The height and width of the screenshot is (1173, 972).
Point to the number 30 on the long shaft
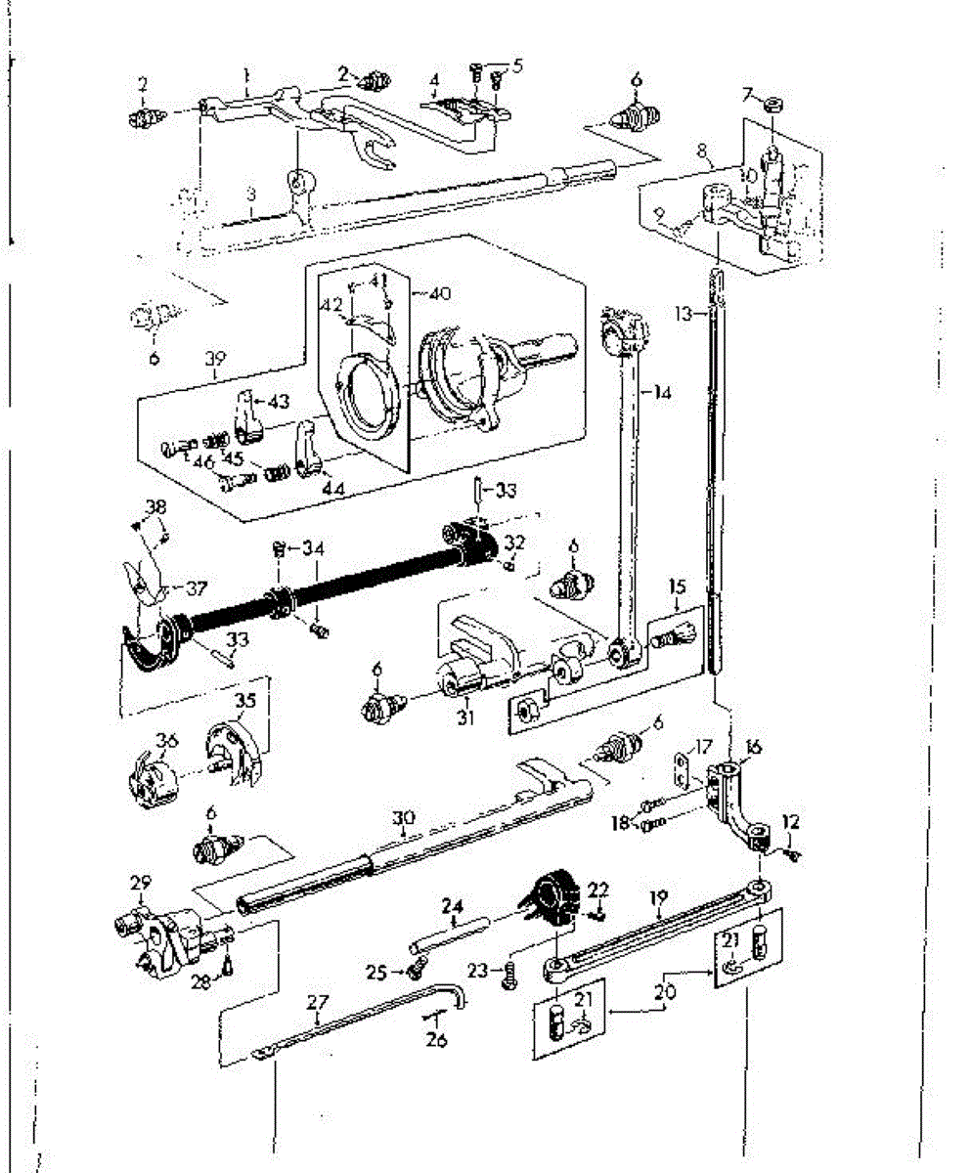click(402, 816)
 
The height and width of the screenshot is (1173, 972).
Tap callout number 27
click(318, 1001)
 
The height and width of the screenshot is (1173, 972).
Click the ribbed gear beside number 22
click(548, 895)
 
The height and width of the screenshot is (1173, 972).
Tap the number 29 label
click(141, 883)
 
